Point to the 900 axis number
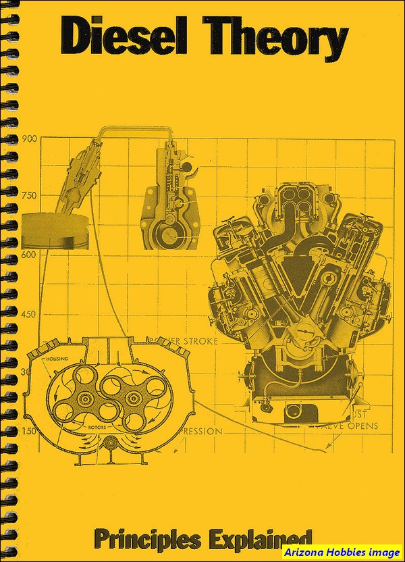(x=28, y=140)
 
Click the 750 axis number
(x=28, y=196)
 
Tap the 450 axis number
(x=28, y=314)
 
